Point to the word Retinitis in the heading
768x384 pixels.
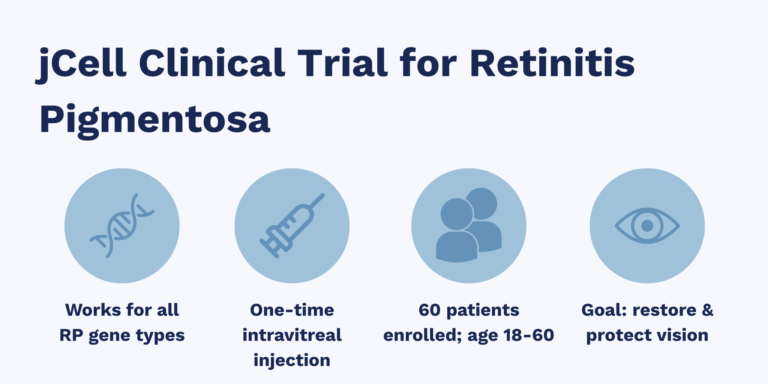coord(552,63)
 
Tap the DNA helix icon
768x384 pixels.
coord(122,226)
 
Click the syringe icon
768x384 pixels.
coord(292,226)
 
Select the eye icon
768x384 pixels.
coord(647,226)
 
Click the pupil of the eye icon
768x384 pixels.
coord(647,226)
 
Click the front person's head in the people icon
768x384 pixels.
coord(456,214)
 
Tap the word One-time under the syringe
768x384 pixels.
coord(292,310)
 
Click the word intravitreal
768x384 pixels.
coord(292,335)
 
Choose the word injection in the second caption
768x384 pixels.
coord(292,360)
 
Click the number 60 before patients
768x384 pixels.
coord(429,310)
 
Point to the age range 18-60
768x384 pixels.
coord(532,335)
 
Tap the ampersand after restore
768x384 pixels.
coord(707,310)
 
